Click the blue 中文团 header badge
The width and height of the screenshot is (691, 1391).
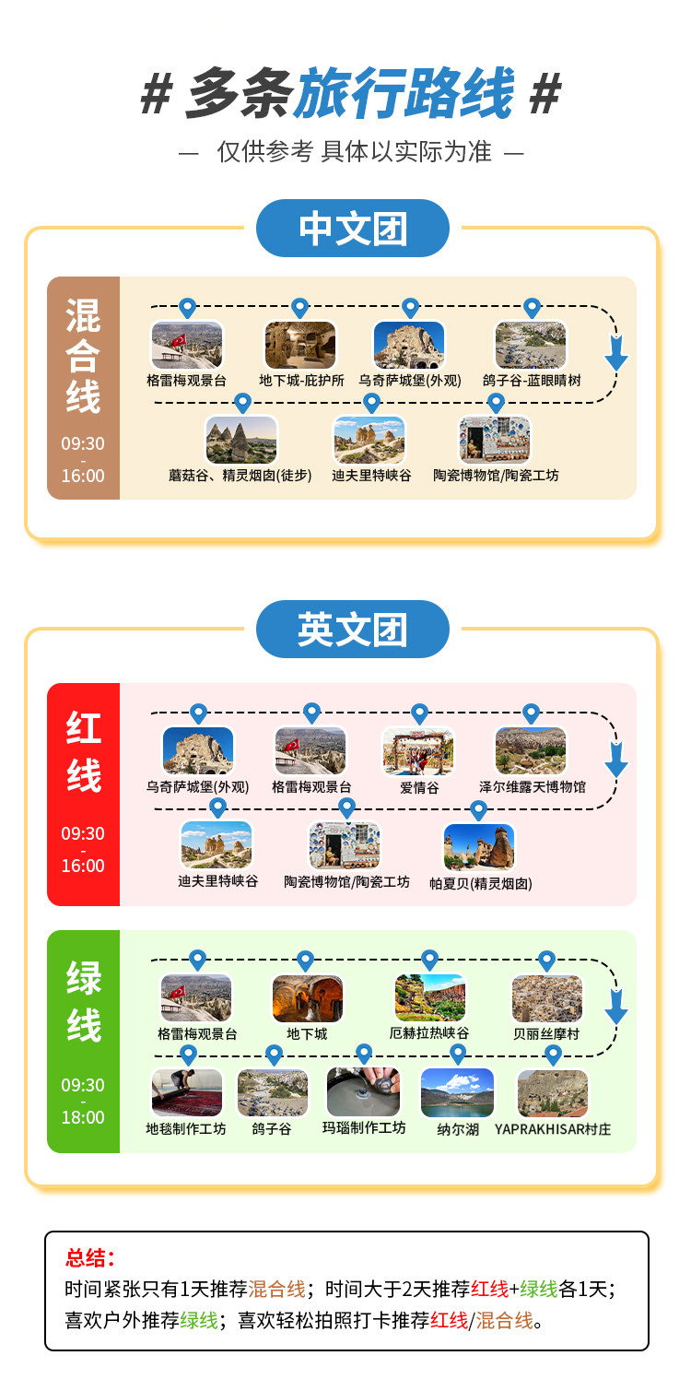click(x=352, y=228)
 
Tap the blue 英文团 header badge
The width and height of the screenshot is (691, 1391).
click(x=352, y=629)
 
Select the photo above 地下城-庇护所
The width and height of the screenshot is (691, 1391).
click(x=300, y=345)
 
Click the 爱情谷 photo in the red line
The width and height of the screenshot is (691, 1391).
click(x=418, y=751)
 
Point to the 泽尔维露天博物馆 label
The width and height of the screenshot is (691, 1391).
click(x=532, y=787)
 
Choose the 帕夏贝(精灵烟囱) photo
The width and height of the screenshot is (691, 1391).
click(x=479, y=847)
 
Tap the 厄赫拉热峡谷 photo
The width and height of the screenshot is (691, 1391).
click(x=430, y=998)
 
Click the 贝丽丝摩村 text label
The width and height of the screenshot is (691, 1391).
click(x=546, y=1034)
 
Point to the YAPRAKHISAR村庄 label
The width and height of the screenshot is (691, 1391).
click(x=553, y=1129)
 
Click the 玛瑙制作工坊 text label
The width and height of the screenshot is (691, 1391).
click(x=364, y=1127)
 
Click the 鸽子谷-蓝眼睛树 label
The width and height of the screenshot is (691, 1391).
click(x=532, y=381)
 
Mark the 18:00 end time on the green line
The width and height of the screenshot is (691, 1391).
click(x=83, y=1117)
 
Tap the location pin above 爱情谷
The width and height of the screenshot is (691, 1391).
click(x=420, y=713)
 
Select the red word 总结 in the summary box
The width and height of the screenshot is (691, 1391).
click(x=86, y=1258)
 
